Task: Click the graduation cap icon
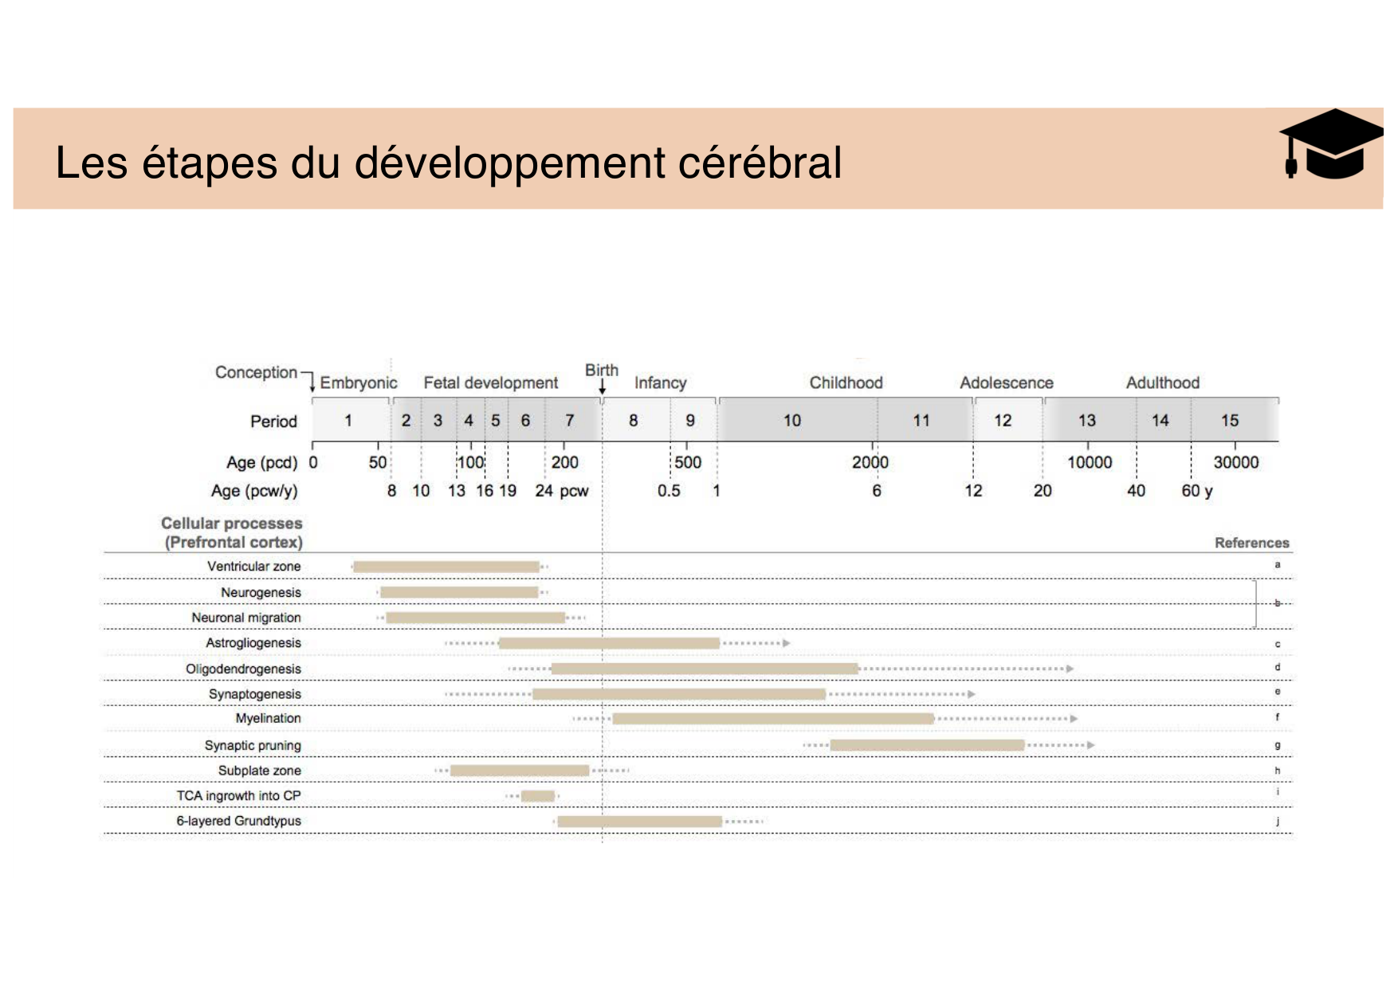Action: click(x=1329, y=146)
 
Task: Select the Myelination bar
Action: click(x=772, y=719)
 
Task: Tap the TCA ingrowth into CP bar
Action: click(x=537, y=796)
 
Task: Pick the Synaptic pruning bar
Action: click(x=927, y=745)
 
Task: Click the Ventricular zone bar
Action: click(x=446, y=567)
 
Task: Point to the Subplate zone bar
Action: click(x=520, y=771)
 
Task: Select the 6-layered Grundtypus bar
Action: click(x=639, y=822)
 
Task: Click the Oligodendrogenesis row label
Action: click(x=243, y=669)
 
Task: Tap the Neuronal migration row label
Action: click(x=246, y=618)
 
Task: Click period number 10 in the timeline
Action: click(x=791, y=421)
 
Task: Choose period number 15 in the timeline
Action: click(x=1229, y=421)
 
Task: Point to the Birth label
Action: click(x=601, y=371)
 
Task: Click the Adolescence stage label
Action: click(x=1006, y=383)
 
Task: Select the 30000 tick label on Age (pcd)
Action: click(x=1235, y=462)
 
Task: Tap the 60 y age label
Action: click(x=1196, y=491)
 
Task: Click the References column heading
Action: click(x=1251, y=543)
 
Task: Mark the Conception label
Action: click(x=256, y=372)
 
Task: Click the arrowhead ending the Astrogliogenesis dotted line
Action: click(x=787, y=643)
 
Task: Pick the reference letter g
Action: click(x=1277, y=746)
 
